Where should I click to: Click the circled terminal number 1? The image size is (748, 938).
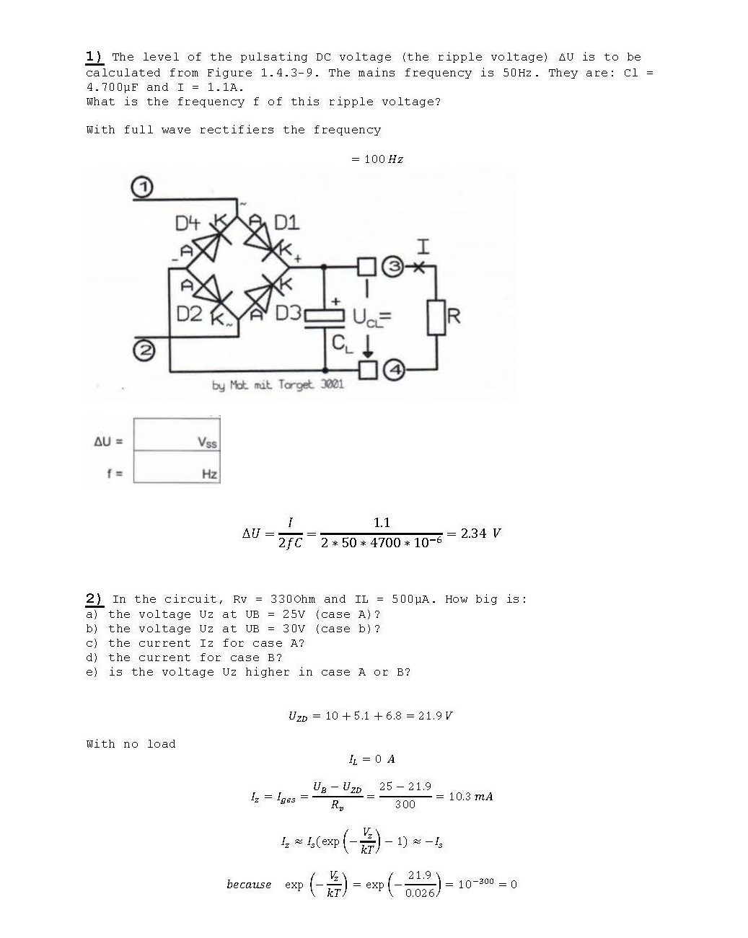[142, 187]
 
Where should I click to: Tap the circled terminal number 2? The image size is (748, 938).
[144, 350]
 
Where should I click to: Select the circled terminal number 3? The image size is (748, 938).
[393, 266]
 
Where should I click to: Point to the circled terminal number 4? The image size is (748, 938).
[395, 370]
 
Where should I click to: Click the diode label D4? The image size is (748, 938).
[188, 224]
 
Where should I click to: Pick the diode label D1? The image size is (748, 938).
[286, 224]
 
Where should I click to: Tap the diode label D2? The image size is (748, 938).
[189, 314]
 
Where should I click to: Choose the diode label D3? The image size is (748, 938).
[289, 313]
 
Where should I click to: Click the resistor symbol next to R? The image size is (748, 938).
[436, 317]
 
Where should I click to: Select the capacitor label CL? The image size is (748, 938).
[342, 344]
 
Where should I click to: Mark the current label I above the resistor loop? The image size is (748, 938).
[423, 247]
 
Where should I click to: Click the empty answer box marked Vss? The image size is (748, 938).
[177, 434]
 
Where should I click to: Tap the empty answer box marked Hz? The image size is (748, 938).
[177, 466]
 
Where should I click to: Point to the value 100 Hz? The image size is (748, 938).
[384, 159]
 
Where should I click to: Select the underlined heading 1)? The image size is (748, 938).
[94, 57]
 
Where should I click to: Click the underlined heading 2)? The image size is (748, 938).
[94, 599]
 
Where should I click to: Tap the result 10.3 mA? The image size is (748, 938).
[470, 797]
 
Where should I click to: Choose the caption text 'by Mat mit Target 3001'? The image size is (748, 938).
[278, 385]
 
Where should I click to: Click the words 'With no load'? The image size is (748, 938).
[131, 744]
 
